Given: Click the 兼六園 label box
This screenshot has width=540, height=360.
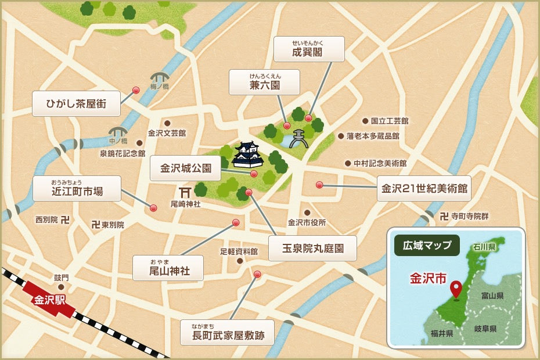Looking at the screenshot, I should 265,82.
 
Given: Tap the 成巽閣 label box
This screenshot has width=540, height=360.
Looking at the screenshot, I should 309,49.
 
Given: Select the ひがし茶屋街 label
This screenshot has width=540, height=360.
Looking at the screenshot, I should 76,103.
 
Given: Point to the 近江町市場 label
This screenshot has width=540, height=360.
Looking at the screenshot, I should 77,189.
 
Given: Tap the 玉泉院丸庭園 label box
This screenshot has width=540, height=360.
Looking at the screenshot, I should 312,248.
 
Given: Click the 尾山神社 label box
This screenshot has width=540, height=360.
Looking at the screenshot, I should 168,268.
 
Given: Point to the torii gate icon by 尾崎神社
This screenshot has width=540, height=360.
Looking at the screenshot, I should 185,192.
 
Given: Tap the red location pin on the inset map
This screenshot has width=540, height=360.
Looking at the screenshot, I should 456,289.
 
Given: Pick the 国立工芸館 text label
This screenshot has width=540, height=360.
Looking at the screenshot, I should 390,121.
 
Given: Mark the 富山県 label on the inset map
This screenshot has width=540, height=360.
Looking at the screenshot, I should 492,296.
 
